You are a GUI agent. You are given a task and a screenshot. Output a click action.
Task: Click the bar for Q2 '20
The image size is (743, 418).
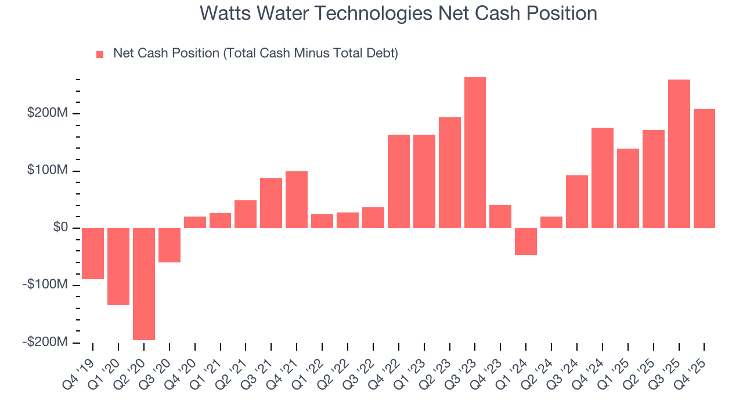pos(144,284)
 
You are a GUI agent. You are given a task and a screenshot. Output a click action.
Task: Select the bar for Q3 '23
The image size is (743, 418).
pos(475,153)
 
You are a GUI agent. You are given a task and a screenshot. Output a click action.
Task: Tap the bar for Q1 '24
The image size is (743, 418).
pos(526,242)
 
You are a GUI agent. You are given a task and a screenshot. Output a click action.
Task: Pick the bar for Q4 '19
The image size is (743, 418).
pos(93,254)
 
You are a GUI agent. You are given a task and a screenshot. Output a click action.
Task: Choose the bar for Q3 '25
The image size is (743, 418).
pos(679,154)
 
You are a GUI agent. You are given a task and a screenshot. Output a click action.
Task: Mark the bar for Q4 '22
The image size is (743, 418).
pos(399,181)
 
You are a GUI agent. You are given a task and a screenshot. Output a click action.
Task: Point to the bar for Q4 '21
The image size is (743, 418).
pos(297,200)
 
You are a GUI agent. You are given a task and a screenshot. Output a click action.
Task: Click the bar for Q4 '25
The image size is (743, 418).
pos(704,168)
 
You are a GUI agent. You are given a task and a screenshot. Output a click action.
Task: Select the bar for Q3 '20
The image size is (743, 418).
pos(169,245)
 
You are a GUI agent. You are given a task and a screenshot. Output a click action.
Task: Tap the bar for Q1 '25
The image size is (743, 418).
pos(628,188)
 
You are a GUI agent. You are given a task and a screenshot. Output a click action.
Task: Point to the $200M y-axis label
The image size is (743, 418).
pos(48,113)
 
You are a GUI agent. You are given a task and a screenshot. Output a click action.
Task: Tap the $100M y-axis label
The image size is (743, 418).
pos(48,170)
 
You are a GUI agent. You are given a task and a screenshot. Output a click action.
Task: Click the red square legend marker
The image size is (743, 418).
pos(100,54)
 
